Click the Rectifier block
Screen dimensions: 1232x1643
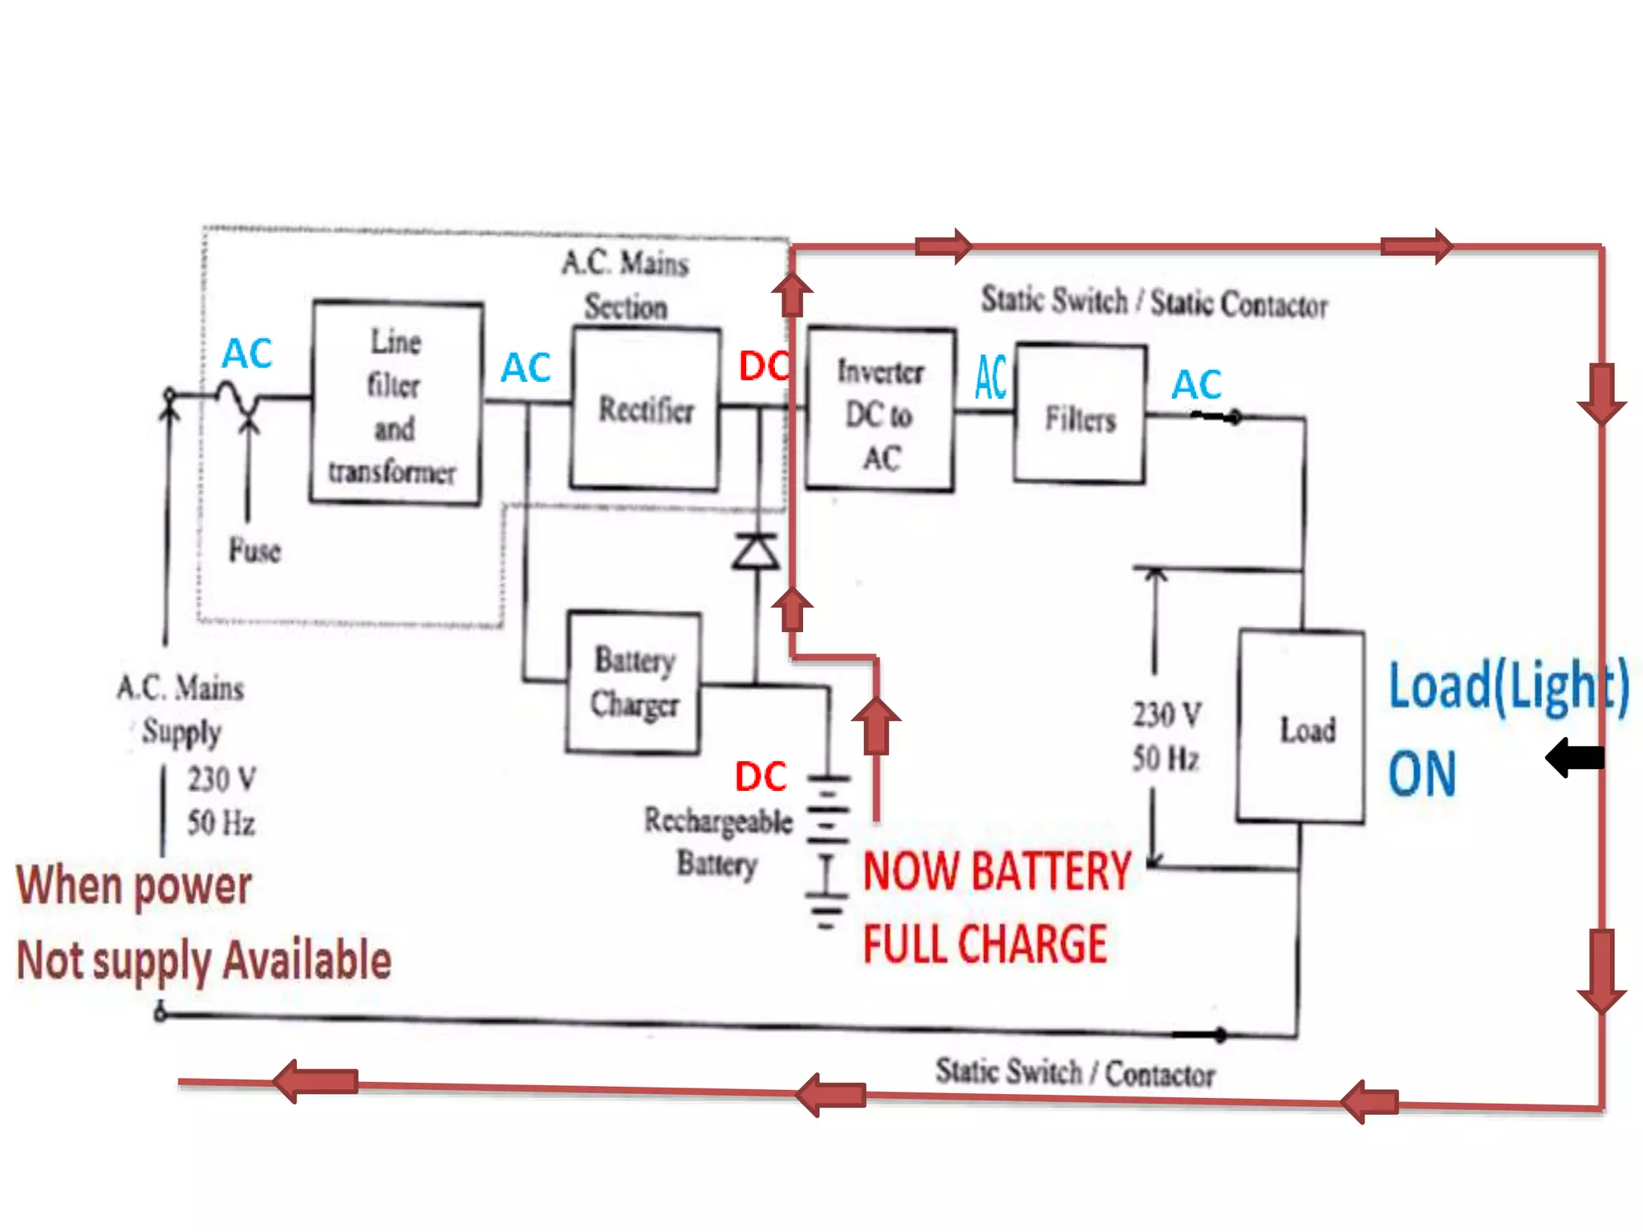point(646,408)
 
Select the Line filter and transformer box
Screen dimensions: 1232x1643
point(396,403)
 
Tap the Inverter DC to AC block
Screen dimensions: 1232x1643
point(881,410)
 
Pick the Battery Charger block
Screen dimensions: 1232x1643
point(634,683)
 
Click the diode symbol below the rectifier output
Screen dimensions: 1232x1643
point(755,552)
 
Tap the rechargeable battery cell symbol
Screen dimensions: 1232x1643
point(828,850)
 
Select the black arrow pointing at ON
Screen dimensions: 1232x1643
point(1574,757)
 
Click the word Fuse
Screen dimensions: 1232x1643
point(255,550)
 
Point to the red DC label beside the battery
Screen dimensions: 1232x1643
point(761,776)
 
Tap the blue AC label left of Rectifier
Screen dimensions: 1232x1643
point(525,368)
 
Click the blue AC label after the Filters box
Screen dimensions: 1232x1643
point(1196,384)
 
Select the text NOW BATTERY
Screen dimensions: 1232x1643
point(996,872)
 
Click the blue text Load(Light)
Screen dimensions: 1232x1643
point(1508,686)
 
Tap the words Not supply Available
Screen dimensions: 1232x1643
point(204,960)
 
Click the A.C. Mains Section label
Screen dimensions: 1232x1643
point(626,284)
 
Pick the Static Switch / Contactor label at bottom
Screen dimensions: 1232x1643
point(1075,1072)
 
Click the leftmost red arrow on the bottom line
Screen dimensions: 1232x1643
point(315,1081)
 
